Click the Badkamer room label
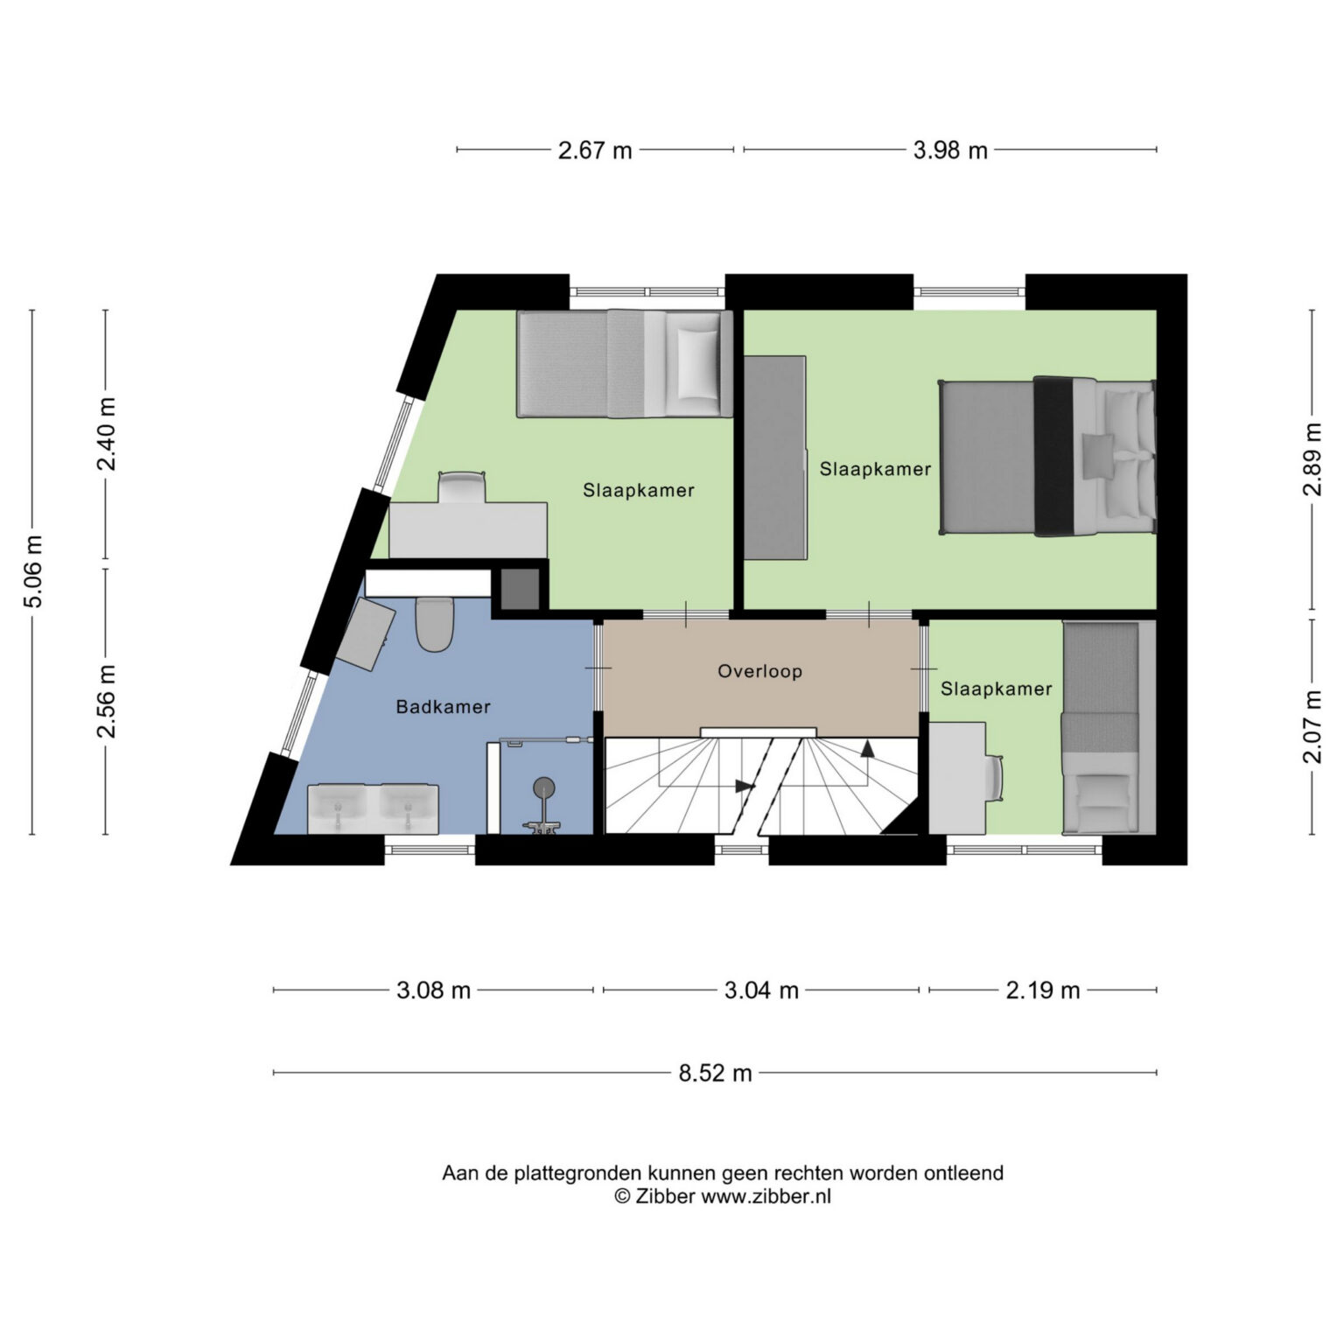tap(443, 706)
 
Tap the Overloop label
tap(759, 671)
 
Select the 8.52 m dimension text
tap(715, 1073)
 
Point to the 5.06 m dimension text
tap(33, 570)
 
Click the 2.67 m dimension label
tap(595, 150)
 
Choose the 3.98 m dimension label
tap(950, 150)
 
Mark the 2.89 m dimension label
tap(1312, 459)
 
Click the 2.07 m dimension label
tap(1312, 726)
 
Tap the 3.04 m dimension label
tap(761, 990)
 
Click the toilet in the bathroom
tap(434, 624)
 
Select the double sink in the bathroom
tap(373, 808)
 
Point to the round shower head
tap(544, 787)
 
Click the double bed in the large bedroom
tap(1047, 456)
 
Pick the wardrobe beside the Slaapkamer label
tap(775, 457)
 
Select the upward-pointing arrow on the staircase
tap(867, 748)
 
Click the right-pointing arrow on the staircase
tap(745, 786)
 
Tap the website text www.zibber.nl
tap(766, 1196)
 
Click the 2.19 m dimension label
tap(1043, 990)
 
